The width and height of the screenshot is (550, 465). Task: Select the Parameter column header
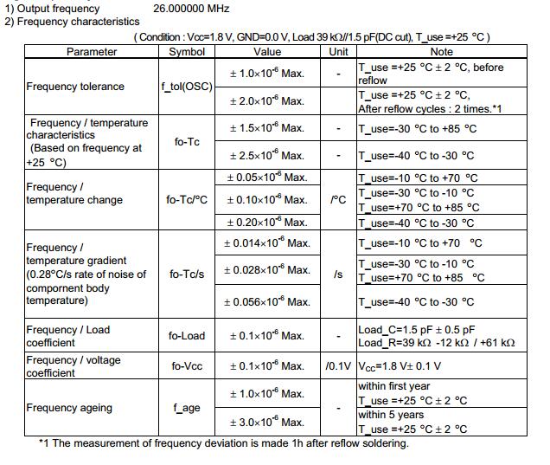[x=92, y=52]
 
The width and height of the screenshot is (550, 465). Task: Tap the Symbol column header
[x=186, y=52]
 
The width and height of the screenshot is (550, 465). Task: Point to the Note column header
[x=441, y=52]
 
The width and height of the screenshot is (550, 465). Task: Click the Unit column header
[x=338, y=52]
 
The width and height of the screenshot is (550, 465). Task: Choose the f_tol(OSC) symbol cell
[x=186, y=87]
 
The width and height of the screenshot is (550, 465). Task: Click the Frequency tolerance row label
[x=75, y=87]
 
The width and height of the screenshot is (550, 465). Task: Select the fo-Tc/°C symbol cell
[x=186, y=200]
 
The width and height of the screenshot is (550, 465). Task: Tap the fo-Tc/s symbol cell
[x=186, y=274]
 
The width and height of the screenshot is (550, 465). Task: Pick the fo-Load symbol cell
[x=186, y=336]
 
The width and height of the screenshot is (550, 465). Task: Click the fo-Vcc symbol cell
[x=186, y=366]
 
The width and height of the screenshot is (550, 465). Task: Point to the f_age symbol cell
[x=186, y=408]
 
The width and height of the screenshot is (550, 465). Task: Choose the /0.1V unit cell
[x=338, y=366]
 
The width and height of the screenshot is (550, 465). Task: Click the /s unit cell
[x=338, y=274]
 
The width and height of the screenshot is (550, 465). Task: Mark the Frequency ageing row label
[x=69, y=408]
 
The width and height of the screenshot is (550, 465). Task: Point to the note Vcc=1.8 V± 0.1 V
[x=400, y=366]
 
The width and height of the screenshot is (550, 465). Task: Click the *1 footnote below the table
[x=223, y=444]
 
